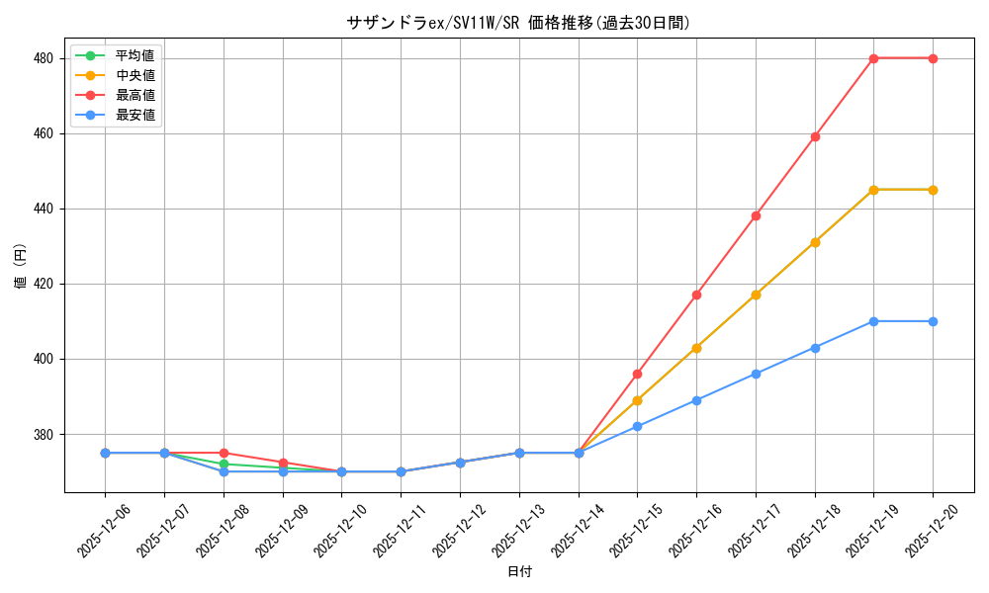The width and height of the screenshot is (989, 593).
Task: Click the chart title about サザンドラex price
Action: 518,23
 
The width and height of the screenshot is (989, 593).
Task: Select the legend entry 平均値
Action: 135,54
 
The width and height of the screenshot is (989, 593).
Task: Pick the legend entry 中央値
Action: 135,74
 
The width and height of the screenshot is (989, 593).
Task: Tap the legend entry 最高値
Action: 135,95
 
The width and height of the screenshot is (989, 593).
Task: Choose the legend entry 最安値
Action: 135,115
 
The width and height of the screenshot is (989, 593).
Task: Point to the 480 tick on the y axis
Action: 45,58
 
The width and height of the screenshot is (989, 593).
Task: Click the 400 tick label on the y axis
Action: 45,359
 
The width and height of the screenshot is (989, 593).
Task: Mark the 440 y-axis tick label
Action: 45,209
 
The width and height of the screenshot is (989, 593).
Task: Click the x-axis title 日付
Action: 518,572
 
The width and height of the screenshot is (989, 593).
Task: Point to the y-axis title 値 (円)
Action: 20,266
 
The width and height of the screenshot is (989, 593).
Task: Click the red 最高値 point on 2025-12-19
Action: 873,58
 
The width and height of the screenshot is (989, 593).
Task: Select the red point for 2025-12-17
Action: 756,215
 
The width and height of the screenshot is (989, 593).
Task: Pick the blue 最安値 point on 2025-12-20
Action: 933,321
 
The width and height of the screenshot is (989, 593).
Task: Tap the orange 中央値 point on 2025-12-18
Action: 815,242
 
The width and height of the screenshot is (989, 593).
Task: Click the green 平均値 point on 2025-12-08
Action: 224,464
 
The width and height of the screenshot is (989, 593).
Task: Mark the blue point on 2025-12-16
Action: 696,400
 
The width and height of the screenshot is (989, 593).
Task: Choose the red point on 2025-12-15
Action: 638,374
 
